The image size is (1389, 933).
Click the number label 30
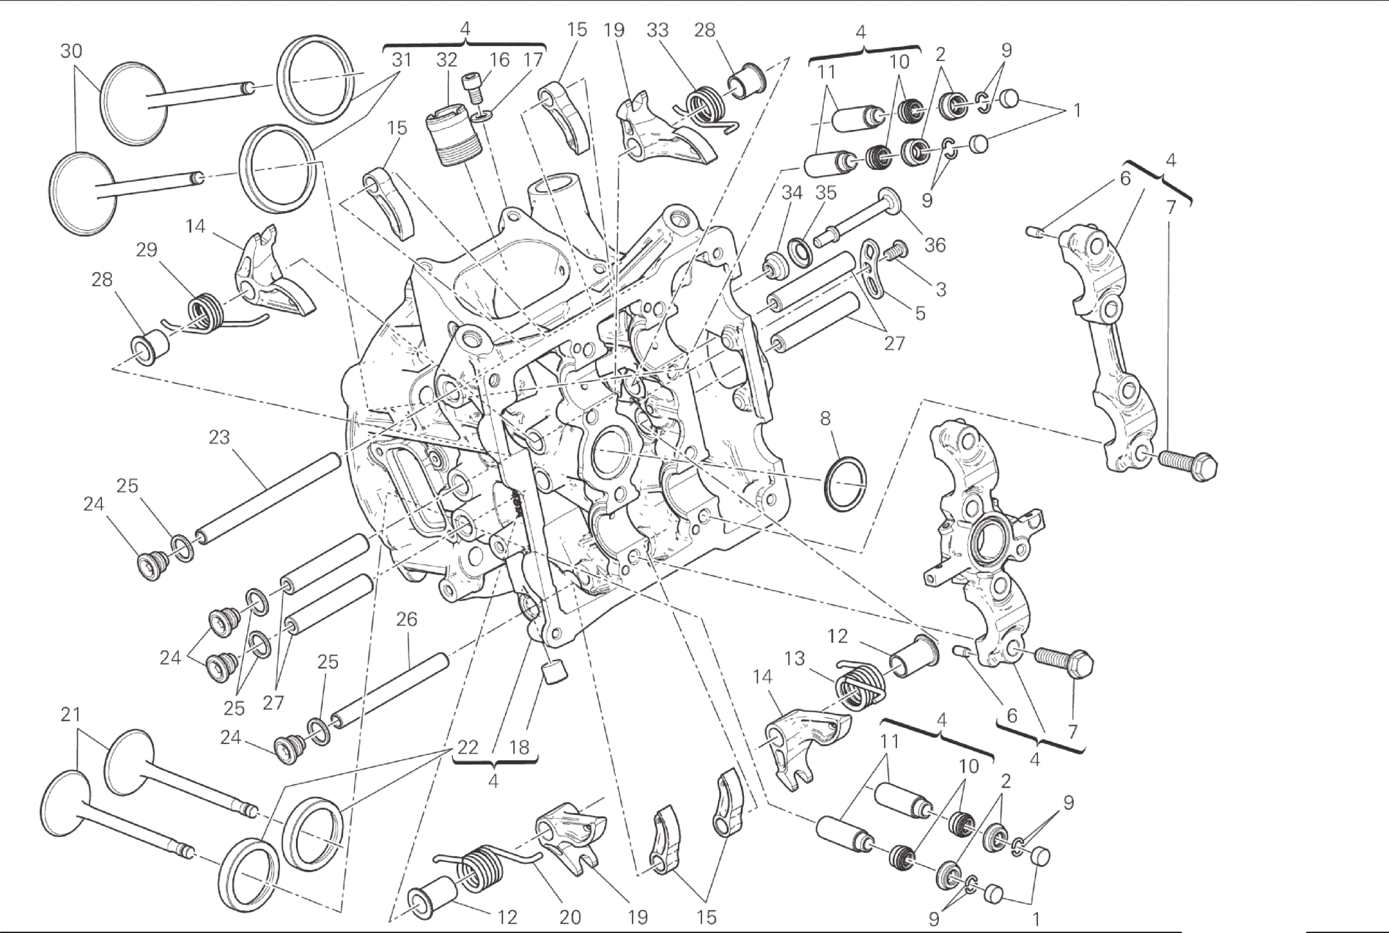point(71,51)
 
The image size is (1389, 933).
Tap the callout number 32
point(446,59)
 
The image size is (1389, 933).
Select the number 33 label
point(657,30)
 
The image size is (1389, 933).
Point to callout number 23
point(219,438)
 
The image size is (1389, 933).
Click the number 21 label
point(70,715)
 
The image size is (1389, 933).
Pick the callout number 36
point(935,245)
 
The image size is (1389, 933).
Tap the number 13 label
point(794,659)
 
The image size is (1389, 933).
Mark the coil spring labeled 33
point(704,103)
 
